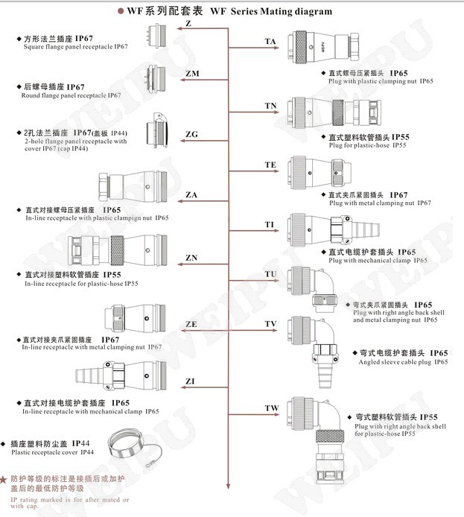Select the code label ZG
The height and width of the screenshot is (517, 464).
[191, 135]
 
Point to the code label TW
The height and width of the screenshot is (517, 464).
[271, 408]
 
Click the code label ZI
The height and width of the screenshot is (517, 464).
[191, 381]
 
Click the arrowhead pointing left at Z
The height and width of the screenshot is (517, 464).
[178, 29]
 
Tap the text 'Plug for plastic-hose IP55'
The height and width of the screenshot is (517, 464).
[368, 145]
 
